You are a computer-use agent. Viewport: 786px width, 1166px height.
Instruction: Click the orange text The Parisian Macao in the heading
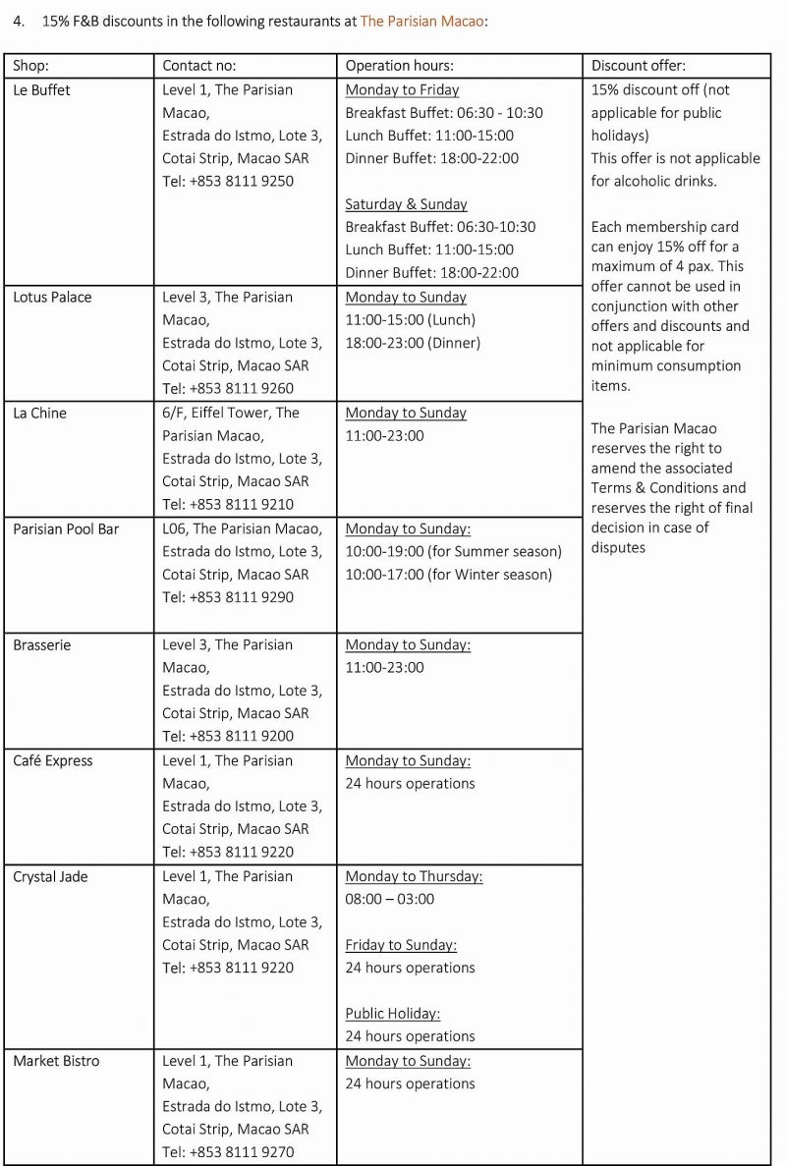pyautogui.click(x=421, y=20)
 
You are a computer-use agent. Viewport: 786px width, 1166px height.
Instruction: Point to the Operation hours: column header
pyautogui.click(x=399, y=66)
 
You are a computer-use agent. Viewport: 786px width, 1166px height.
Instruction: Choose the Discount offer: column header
pyautogui.click(x=638, y=66)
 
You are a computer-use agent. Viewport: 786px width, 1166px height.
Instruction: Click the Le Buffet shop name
pyautogui.click(x=41, y=89)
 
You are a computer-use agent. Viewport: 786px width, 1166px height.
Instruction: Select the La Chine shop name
pyautogui.click(x=39, y=413)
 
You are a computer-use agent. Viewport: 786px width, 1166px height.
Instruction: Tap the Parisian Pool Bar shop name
pyautogui.click(x=66, y=528)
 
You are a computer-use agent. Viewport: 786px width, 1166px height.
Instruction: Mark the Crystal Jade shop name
pyautogui.click(x=50, y=876)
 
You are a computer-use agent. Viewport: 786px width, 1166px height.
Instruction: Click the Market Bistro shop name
pyautogui.click(x=56, y=1061)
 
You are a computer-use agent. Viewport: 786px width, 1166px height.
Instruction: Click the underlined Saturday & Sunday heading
pyautogui.click(x=406, y=204)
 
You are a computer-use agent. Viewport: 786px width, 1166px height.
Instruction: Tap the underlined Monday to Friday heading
pyautogui.click(x=402, y=89)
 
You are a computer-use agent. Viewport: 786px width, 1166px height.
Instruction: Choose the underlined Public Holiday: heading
pyautogui.click(x=392, y=1013)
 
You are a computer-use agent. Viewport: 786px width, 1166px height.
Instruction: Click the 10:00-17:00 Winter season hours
pyautogui.click(x=449, y=574)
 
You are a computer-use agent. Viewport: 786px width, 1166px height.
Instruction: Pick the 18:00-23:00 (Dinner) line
pyautogui.click(x=413, y=343)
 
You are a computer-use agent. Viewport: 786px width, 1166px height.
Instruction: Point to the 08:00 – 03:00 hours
pyautogui.click(x=389, y=899)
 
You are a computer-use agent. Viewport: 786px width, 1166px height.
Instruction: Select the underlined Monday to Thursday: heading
pyautogui.click(x=414, y=876)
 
